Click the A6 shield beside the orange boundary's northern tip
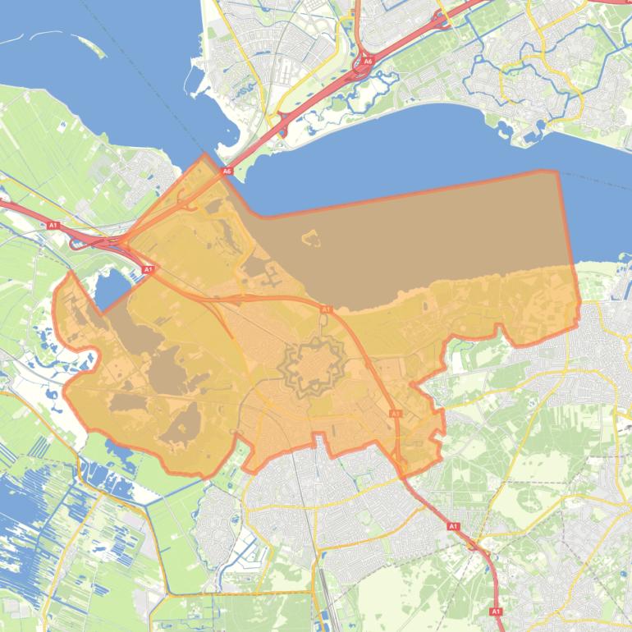pyautogui.click(x=227, y=171)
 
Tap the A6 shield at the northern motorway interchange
pyautogui.click(x=367, y=61)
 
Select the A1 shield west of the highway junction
pyautogui.click(x=53, y=225)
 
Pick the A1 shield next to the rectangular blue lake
pyautogui.click(x=149, y=269)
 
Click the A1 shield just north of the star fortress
pyautogui.click(x=326, y=309)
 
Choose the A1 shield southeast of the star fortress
pyautogui.click(x=395, y=414)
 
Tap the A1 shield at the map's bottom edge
pyautogui.click(x=495, y=611)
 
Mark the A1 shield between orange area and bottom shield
pyautogui.click(x=453, y=526)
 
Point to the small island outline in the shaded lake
pyautogui.click(x=310, y=239)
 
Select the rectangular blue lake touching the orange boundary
pyautogui.click(x=112, y=287)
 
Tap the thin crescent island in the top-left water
pyautogui.click(x=49, y=37)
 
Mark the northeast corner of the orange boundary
pyautogui.click(x=557, y=172)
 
